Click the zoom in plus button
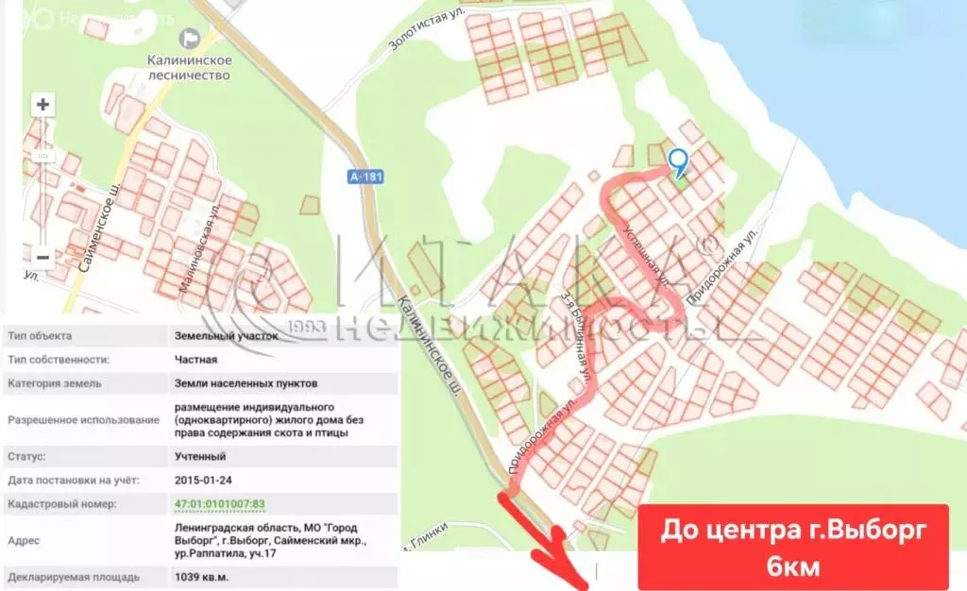point(42,105)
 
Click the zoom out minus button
point(42,256)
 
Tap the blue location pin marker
point(677,162)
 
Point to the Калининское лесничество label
point(189,67)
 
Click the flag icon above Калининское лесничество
point(191,38)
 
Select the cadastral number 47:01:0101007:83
point(219,504)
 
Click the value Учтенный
point(199,457)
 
